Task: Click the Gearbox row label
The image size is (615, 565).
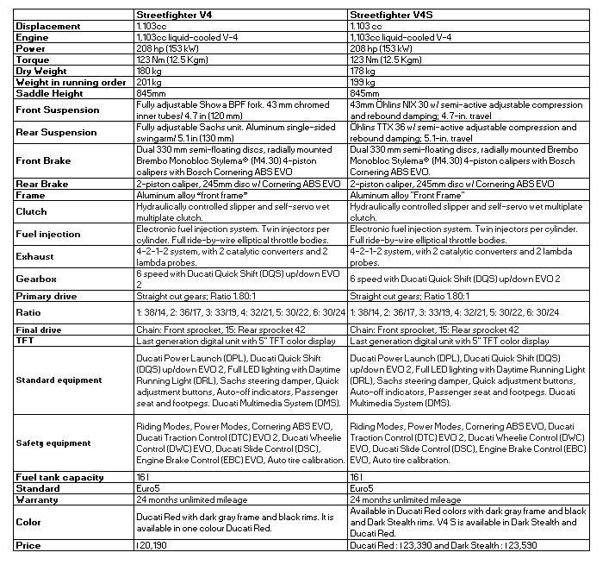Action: click(x=38, y=279)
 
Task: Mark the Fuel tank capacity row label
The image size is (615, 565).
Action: click(x=59, y=477)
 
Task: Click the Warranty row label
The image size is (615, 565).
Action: click(x=40, y=499)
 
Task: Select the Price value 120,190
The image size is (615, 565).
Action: click(x=152, y=545)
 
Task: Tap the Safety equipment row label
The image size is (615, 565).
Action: click(x=53, y=443)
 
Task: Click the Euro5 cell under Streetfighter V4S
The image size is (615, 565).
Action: click(x=362, y=488)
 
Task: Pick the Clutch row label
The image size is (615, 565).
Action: click(x=32, y=211)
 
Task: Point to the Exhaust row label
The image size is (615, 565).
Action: click(x=37, y=256)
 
